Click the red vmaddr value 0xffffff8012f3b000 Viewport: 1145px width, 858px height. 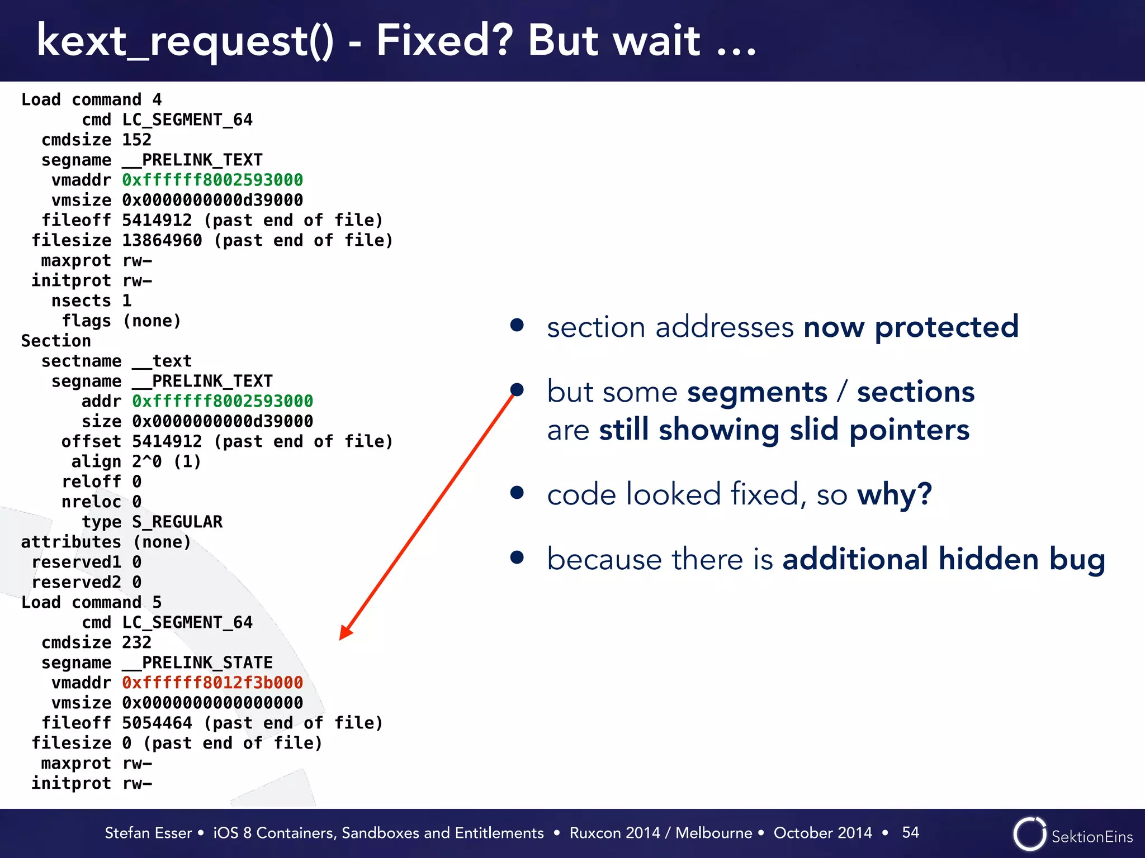(x=212, y=683)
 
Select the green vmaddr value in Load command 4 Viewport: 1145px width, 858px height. (x=212, y=180)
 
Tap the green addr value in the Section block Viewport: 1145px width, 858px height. (x=223, y=401)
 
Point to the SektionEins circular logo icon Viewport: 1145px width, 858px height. (x=1029, y=834)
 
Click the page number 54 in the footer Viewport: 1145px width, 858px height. (x=910, y=832)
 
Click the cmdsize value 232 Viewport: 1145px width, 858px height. (x=136, y=642)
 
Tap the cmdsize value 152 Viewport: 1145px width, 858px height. (x=136, y=140)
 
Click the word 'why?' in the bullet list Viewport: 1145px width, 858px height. (x=895, y=494)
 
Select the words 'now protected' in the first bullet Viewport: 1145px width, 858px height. (x=911, y=327)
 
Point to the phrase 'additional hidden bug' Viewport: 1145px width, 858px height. (x=944, y=559)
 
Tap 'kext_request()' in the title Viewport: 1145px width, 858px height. (x=185, y=41)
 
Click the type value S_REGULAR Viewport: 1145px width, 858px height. (x=177, y=522)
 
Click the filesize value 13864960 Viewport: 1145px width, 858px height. (x=162, y=240)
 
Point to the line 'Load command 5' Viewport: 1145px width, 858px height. (x=91, y=602)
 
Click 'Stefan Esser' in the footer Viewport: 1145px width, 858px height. (x=148, y=833)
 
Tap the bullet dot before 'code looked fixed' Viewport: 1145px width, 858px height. (x=517, y=493)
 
